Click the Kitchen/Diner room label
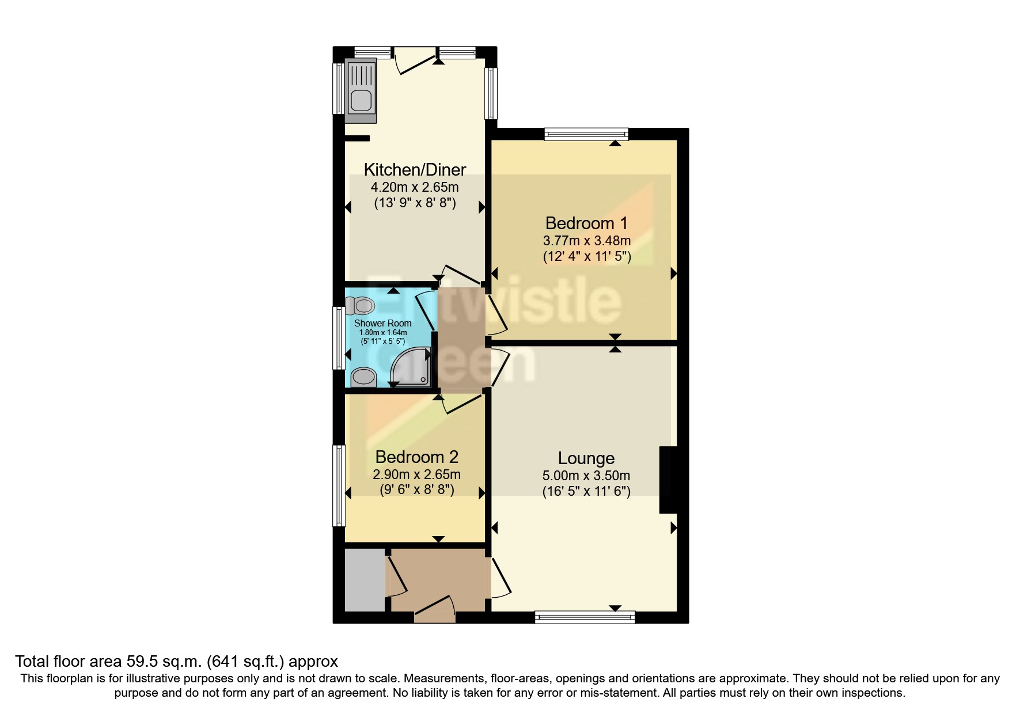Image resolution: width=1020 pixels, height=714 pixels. pyautogui.click(x=415, y=169)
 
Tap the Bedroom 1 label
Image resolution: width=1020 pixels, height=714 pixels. pyautogui.click(x=586, y=223)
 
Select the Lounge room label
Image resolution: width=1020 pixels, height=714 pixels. pyautogui.click(x=586, y=458)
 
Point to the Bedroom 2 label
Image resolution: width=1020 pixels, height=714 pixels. pyautogui.click(x=416, y=457)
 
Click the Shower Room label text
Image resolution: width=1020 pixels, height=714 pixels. pyautogui.click(x=382, y=323)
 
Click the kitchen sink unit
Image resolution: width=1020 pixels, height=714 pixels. pyautogui.click(x=361, y=90)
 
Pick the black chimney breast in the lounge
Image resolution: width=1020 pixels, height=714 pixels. pyautogui.click(x=668, y=480)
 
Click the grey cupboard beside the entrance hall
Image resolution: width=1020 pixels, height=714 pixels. pyautogui.click(x=364, y=580)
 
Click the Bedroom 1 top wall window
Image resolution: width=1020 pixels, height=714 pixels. pyautogui.click(x=586, y=134)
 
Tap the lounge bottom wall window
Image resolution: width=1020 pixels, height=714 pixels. pyautogui.click(x=585, y=617)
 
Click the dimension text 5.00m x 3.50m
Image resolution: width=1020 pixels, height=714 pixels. pyautogui.click(x=586, y=476)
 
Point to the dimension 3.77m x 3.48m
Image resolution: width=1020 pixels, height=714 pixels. pyautogui.click(x=586, y=240)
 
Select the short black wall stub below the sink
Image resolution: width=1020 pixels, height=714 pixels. pyautogui.click(x=357, y=138)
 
